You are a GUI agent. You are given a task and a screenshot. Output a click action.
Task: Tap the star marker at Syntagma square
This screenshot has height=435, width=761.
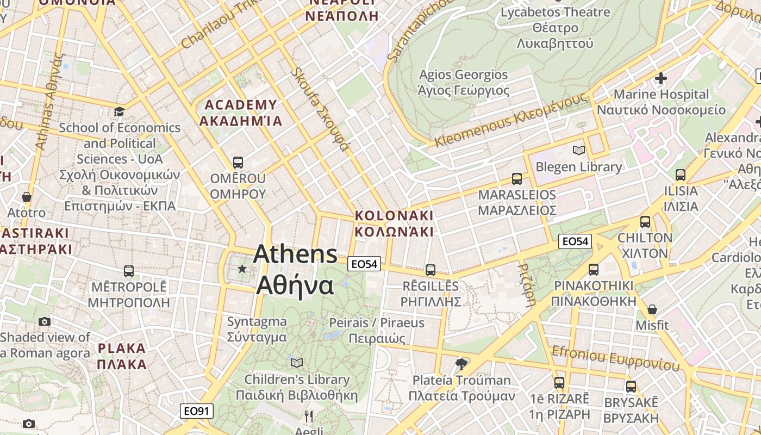pyautogui.click(x=242, y=269)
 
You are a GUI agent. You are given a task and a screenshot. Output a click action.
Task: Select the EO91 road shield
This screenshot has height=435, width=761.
pyautogui.click(x=197, y=411)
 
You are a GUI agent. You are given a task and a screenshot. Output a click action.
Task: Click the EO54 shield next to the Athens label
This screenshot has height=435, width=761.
pyautogui.click(x=364, y=264)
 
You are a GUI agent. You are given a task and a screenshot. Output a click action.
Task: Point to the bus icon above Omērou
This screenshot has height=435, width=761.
pyautogui.click(x=238, y=162)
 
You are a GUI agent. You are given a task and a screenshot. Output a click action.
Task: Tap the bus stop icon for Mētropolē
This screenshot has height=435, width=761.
pyautogui.click(x=129, y=271)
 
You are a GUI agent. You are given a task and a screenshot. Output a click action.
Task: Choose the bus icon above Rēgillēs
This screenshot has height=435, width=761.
pyautogui.click(x=431, y=270)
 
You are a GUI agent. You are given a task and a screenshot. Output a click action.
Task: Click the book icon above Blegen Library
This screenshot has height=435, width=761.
pyautogui.click(x=579, y=150)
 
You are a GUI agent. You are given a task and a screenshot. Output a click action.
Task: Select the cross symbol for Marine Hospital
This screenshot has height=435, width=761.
pyautogui.click(x=661, y=78)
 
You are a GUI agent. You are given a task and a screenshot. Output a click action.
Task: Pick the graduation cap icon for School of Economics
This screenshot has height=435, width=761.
pyautogui.click(x=119, y=112)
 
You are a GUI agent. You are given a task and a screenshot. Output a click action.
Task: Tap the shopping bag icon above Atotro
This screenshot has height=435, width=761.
pyautogui.click(x=26, y=197)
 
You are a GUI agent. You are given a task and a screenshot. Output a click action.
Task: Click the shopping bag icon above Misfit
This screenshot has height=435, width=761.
pyautogui.click(x=652, y=309)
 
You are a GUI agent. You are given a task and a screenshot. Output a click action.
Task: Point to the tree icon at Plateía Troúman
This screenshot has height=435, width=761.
pyautogui.click(x=461, y=364)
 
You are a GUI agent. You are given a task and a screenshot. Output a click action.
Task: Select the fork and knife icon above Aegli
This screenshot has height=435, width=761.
pyautogui.click(x=309, y=417)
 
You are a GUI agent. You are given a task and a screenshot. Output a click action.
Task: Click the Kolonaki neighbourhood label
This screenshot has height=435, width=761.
pyautogui.click(x=394, y=223)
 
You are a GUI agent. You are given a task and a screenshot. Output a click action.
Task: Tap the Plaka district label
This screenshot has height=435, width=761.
pyautogui.click(x=122, y=356)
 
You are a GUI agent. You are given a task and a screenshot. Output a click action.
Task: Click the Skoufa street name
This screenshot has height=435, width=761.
pyautogui.click(x=320, y=109)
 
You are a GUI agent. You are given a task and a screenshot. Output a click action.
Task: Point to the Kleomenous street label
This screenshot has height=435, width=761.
pyautogui.click(x=511, y=120)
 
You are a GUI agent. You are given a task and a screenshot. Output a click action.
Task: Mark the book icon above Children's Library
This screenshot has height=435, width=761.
pyautogui.click(x=296, y=363)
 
